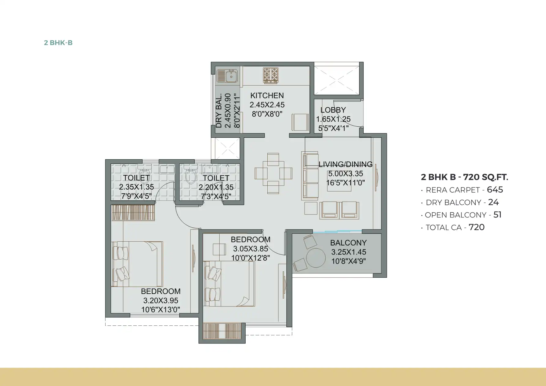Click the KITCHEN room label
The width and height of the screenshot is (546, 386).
pos(267,95)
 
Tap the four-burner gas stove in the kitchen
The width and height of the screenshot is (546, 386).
pos(271,76)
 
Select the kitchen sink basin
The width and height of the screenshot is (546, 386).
pos(231,76)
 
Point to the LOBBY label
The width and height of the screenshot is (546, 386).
pos(333,110)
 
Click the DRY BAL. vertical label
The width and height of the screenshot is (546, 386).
pos(219,110)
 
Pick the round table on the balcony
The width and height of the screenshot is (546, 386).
pos(316,258)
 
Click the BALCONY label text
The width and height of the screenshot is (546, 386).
pos(348,243)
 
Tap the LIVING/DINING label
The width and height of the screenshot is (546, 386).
pos(346,164)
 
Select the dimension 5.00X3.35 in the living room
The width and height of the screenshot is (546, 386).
pos(346,174)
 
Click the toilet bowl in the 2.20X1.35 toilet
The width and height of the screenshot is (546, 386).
pos(191,176)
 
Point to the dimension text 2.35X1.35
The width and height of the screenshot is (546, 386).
pos(136,187)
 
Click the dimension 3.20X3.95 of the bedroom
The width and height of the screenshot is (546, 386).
pos(161,300)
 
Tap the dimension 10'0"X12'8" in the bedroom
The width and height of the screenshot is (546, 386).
pos(251,258)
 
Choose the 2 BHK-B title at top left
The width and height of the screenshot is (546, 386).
pos(58,43)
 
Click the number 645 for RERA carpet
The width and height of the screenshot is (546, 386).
pos(495,190)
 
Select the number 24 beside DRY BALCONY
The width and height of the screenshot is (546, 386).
pos(493,202)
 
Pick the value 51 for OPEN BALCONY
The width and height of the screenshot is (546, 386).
pos(497,215)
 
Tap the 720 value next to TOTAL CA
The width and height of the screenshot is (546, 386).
pos(477,227)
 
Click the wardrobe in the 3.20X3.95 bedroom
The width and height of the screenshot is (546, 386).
pos(133,213)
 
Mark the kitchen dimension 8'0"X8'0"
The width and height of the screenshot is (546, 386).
pos(267,114)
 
